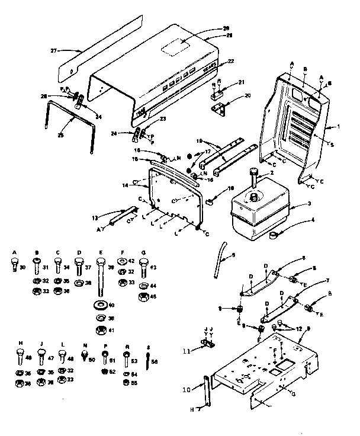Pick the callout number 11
click(188, 351)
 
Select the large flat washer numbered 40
click(99, 306)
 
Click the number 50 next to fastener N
click(91, 360)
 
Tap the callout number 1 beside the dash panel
click(338, 126)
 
